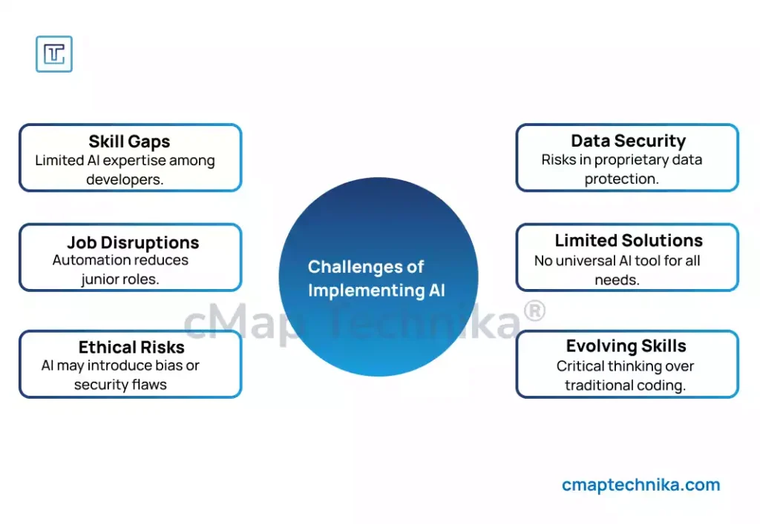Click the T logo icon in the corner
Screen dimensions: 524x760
pos(54,54)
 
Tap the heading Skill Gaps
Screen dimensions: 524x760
pos(129,142)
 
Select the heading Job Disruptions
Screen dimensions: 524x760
pos(133,242)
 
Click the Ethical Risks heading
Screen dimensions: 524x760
pos(131,347)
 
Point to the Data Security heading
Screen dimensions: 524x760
pos(628,141)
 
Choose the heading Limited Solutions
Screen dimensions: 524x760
pos(629,241)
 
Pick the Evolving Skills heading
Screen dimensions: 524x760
pos(626,346)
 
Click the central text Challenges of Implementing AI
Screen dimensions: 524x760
pos(377,278)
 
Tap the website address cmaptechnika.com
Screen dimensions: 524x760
pos(641,485)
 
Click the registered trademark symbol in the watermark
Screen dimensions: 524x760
pos(534,313)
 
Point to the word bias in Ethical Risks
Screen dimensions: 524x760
pos(168,365)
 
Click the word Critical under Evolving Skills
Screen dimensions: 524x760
pos(580,366)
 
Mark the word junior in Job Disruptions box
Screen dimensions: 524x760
pos(102,279)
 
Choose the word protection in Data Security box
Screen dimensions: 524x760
pos(621,179)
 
